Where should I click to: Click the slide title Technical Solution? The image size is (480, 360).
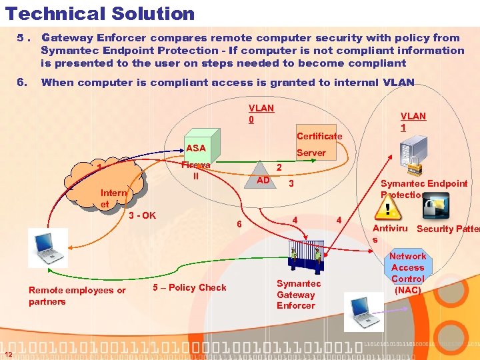pyautogui.click(x=100, y=13)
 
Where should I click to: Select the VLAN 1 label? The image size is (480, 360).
pyautogui.click(x=413, y=121)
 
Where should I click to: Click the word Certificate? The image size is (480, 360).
pyautogui.click(x=319, y=136)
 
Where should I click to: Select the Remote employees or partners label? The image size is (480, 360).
pyautogui.click(x=77, y=295)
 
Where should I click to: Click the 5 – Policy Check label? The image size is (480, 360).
pyautogui.click(x=189, y=287)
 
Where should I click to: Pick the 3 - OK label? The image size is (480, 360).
pyautogui.click(x=141, y=215)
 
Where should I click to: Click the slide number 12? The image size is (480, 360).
pyautogui.click(x=7, y=353)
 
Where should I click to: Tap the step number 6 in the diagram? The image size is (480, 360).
pyautogui.click(x=240, y=224)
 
